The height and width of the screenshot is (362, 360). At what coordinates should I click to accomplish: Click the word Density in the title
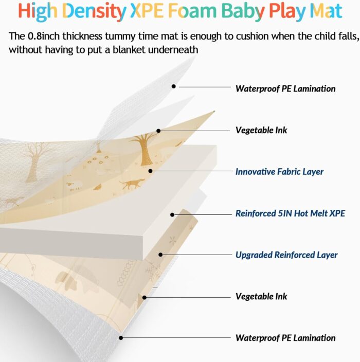pos(94,11)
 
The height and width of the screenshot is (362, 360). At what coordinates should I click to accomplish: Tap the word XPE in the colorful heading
pos(147,11)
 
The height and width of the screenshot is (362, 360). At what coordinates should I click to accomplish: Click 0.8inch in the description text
pos(44,36)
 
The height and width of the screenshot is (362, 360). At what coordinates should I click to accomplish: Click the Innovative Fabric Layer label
pos(279,172)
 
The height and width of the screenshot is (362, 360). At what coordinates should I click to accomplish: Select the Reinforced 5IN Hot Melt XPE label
pos(290,213)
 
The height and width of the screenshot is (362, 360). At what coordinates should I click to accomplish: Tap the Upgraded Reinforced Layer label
pos(286,255)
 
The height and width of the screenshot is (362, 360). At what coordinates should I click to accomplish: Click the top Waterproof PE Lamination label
pos(285,88)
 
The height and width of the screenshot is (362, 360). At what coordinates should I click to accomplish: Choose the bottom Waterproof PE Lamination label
pos(285,338)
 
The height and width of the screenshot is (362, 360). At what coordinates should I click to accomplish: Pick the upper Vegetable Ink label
pos(261,130)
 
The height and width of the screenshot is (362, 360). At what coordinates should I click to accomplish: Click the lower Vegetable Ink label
pos(261,296)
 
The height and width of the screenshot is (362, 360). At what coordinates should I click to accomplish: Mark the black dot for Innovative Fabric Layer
pos(150,171)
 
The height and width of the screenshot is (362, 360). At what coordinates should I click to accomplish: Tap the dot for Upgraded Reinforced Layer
pos(160,255)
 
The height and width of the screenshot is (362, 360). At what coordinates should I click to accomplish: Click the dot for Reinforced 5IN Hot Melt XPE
pos(172,215)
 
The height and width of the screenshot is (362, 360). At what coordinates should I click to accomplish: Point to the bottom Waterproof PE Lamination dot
pos(121,338)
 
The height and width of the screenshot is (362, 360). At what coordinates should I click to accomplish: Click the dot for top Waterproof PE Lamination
pos(174,86)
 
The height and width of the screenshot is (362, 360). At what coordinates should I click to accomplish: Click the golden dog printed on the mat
pos(132,184)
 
